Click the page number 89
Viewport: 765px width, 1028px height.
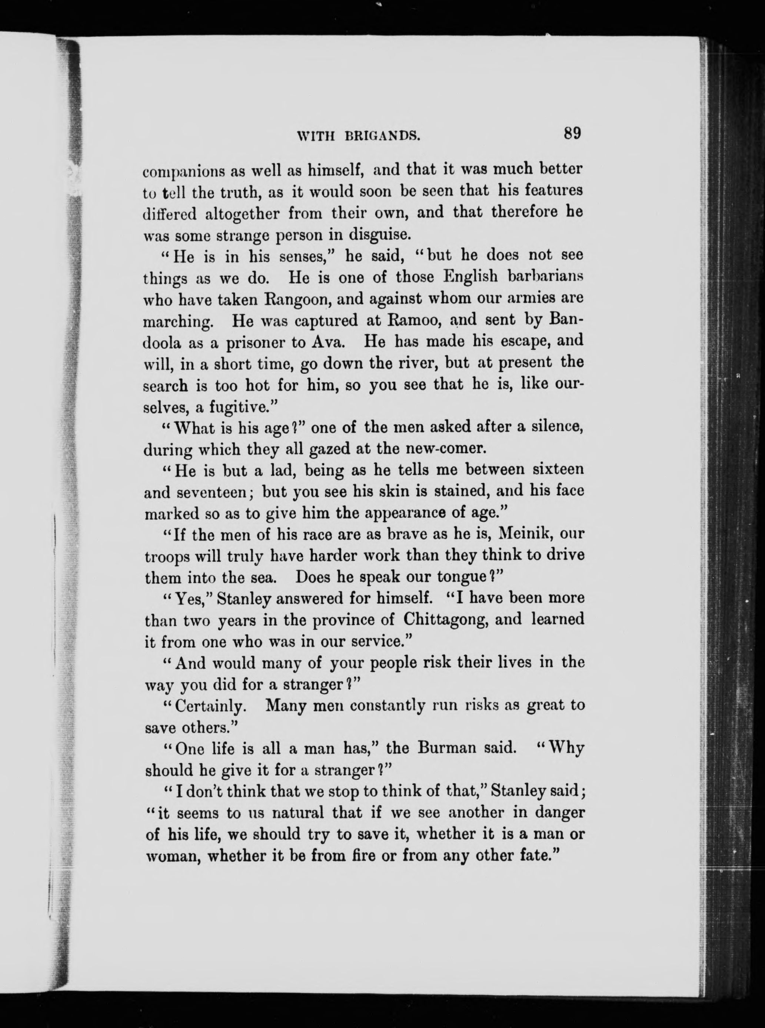click(572, 133)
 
